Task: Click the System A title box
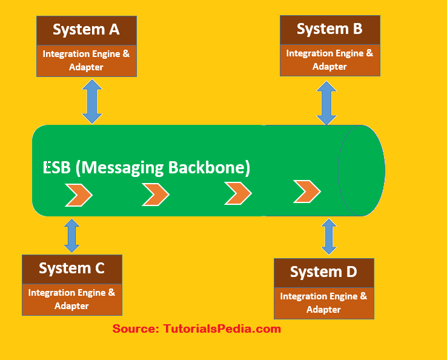[x=87, y=30]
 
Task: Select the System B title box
[x=330, y=30]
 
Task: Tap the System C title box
[x=72, y=269]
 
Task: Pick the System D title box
[x=324, y=273]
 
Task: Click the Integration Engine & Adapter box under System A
[x=87, y=61]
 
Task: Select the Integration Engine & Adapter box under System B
[x=330, y=60]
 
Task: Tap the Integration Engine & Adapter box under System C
[x=72, y=299]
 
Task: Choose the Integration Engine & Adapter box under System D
[x=324, y=303]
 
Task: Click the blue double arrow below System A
[x=92, y=102]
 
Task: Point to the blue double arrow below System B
[x=326, y=103]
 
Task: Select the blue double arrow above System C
[x=72, y=236]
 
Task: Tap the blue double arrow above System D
[x=329, y=236]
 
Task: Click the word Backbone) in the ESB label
[x=209, y=168]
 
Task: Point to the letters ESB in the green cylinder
[x=56, y=167]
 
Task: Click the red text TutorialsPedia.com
[x=222, y=329]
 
